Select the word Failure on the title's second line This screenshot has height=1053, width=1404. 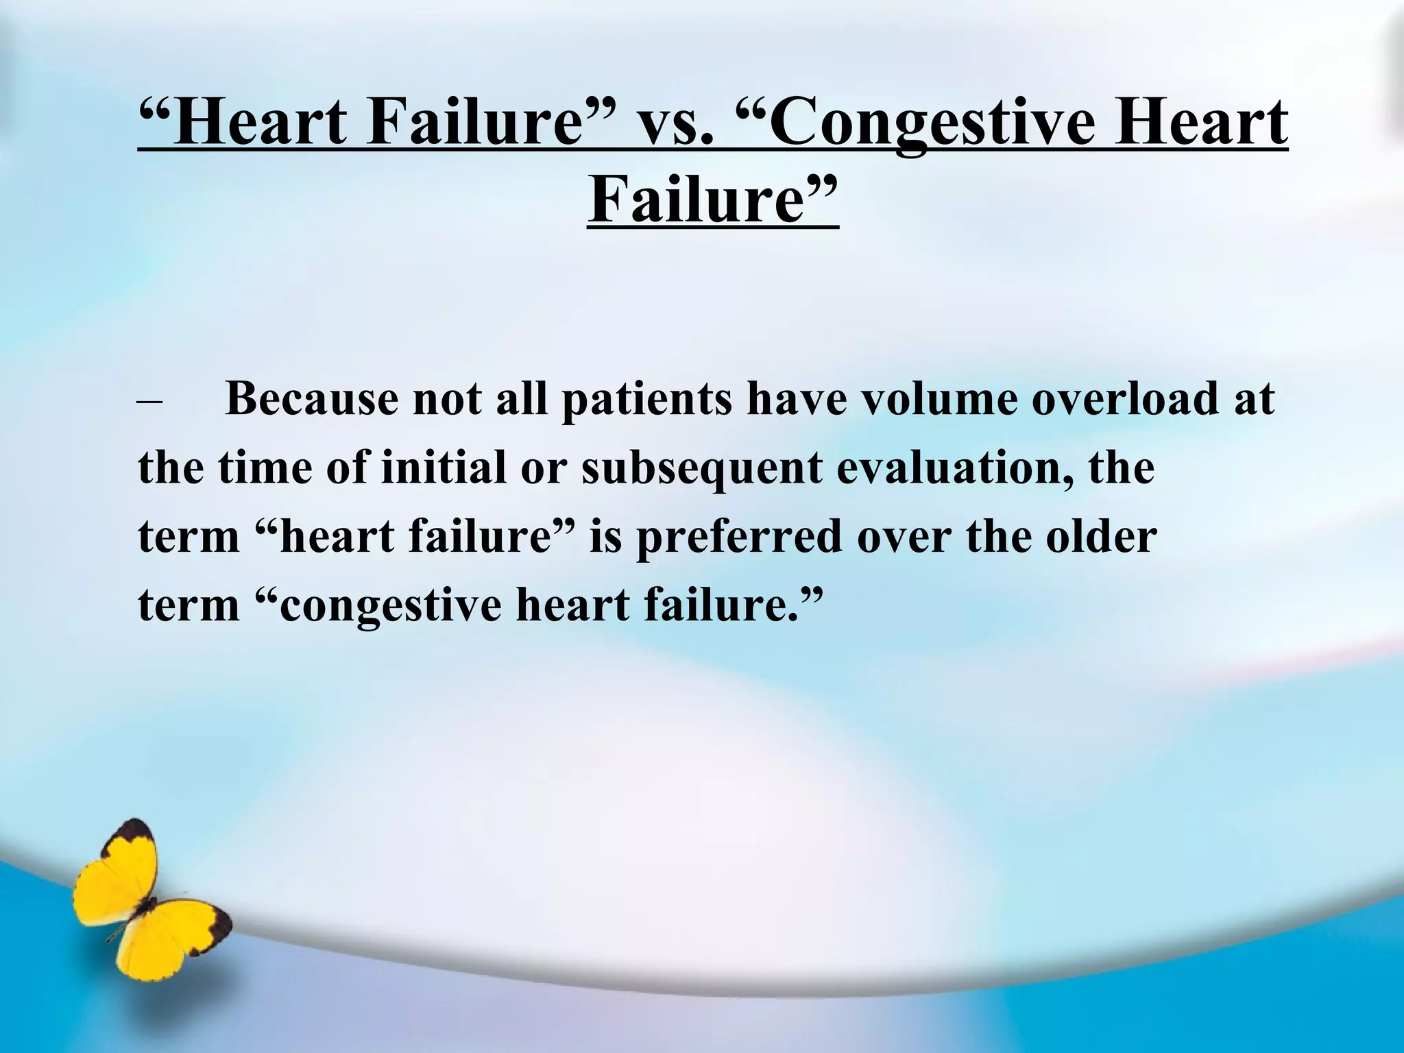[x=706, y=200]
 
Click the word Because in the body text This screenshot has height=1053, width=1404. [x=311, y=398]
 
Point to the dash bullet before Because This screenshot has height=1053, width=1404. [x=149, y=400]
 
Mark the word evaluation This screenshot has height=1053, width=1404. [x=954, y=468]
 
